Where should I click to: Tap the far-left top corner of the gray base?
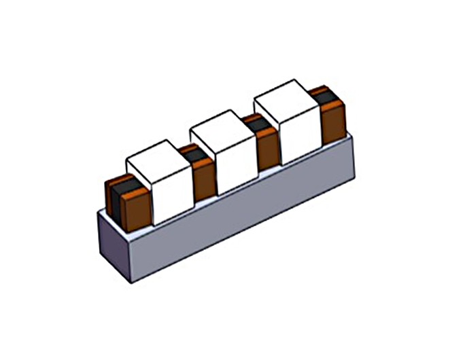[x=99, y=212]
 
